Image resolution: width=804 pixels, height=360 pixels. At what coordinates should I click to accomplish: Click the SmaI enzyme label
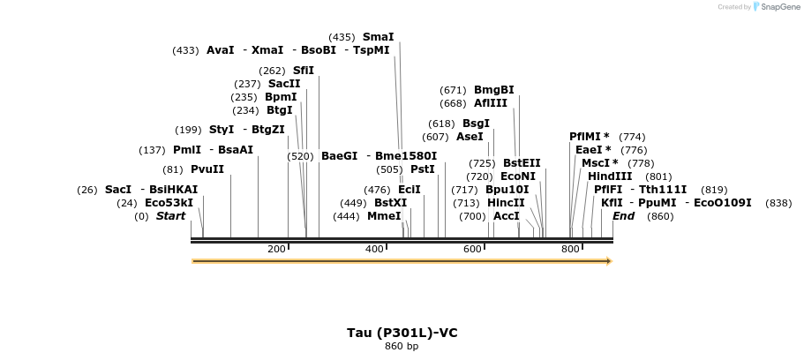tap(378, 37)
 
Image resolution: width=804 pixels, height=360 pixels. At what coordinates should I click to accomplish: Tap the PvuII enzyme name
tap(207, 169)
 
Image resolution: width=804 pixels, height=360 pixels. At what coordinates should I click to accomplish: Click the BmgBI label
tap(493, 90)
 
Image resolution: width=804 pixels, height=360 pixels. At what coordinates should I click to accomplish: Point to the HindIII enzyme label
tap(610, 176)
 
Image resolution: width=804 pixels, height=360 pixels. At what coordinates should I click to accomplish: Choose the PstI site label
tap(423, 169)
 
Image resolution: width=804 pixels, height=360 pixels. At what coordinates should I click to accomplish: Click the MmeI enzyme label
tap(384, 216)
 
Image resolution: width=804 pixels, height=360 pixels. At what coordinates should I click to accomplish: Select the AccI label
tap(507, 216)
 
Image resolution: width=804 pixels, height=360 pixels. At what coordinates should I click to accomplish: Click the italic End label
tap(623, 216)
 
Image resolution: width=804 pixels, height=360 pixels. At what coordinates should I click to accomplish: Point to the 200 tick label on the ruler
tap(276, 249)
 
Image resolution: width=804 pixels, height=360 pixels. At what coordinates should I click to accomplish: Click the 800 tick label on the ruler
tap(570, 249)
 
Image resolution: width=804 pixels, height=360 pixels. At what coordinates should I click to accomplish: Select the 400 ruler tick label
tap(374, 249)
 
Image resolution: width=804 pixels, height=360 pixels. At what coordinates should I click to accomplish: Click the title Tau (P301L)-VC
tap(402, 333)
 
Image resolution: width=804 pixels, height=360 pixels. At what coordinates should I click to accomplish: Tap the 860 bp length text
tap(402, 347)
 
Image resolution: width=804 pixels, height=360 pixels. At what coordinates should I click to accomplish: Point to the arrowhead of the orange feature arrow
tap(608, 261)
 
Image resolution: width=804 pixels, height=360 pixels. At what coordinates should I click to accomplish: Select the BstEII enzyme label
tap(522, 163)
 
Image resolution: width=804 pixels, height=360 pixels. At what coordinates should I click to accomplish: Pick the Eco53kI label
tap(169, 203)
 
